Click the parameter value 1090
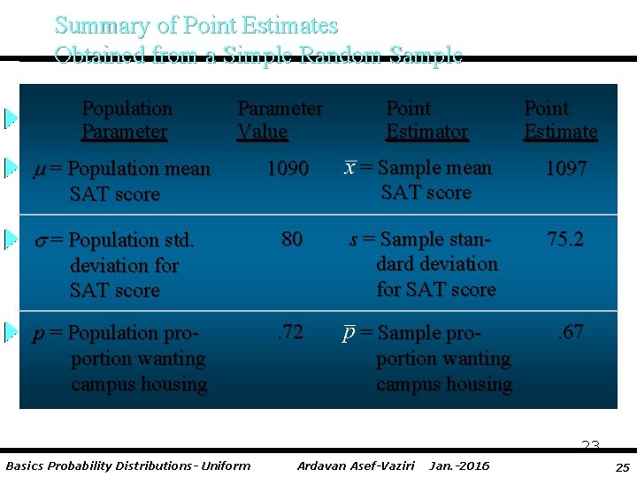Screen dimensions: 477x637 pos(288,169)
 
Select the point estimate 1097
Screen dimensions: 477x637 pos(565,169)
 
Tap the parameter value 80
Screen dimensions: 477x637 pos(292,239)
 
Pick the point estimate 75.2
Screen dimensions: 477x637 pos(565,239)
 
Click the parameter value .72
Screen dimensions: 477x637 pos(289,333)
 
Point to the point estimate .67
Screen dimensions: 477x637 pos(569,333)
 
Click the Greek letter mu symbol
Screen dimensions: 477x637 pos(39,170)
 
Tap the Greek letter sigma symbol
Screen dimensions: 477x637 pos(39,240)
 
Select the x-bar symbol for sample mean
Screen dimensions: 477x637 pos(350,168)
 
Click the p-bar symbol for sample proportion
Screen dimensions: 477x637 pos(350,333)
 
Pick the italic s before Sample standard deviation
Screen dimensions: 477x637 pos(354,239)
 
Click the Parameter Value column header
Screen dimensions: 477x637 pos(280,120)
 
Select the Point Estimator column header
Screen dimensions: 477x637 pos(426,120)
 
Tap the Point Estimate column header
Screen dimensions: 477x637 pos(560,120)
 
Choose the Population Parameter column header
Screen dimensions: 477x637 pos(127,120)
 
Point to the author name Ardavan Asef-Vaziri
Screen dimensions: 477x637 pos(356,466)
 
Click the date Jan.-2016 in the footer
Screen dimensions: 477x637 pos(458,466)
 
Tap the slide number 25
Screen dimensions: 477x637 pos(622,466)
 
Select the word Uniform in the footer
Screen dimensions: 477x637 pos(225,466)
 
